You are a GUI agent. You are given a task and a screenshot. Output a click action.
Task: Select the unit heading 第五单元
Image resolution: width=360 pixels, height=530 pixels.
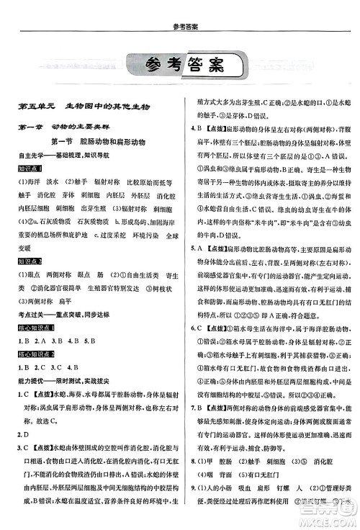[33, 107]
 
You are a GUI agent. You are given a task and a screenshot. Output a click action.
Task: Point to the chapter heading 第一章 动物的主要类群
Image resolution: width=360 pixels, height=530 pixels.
[68, 127]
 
